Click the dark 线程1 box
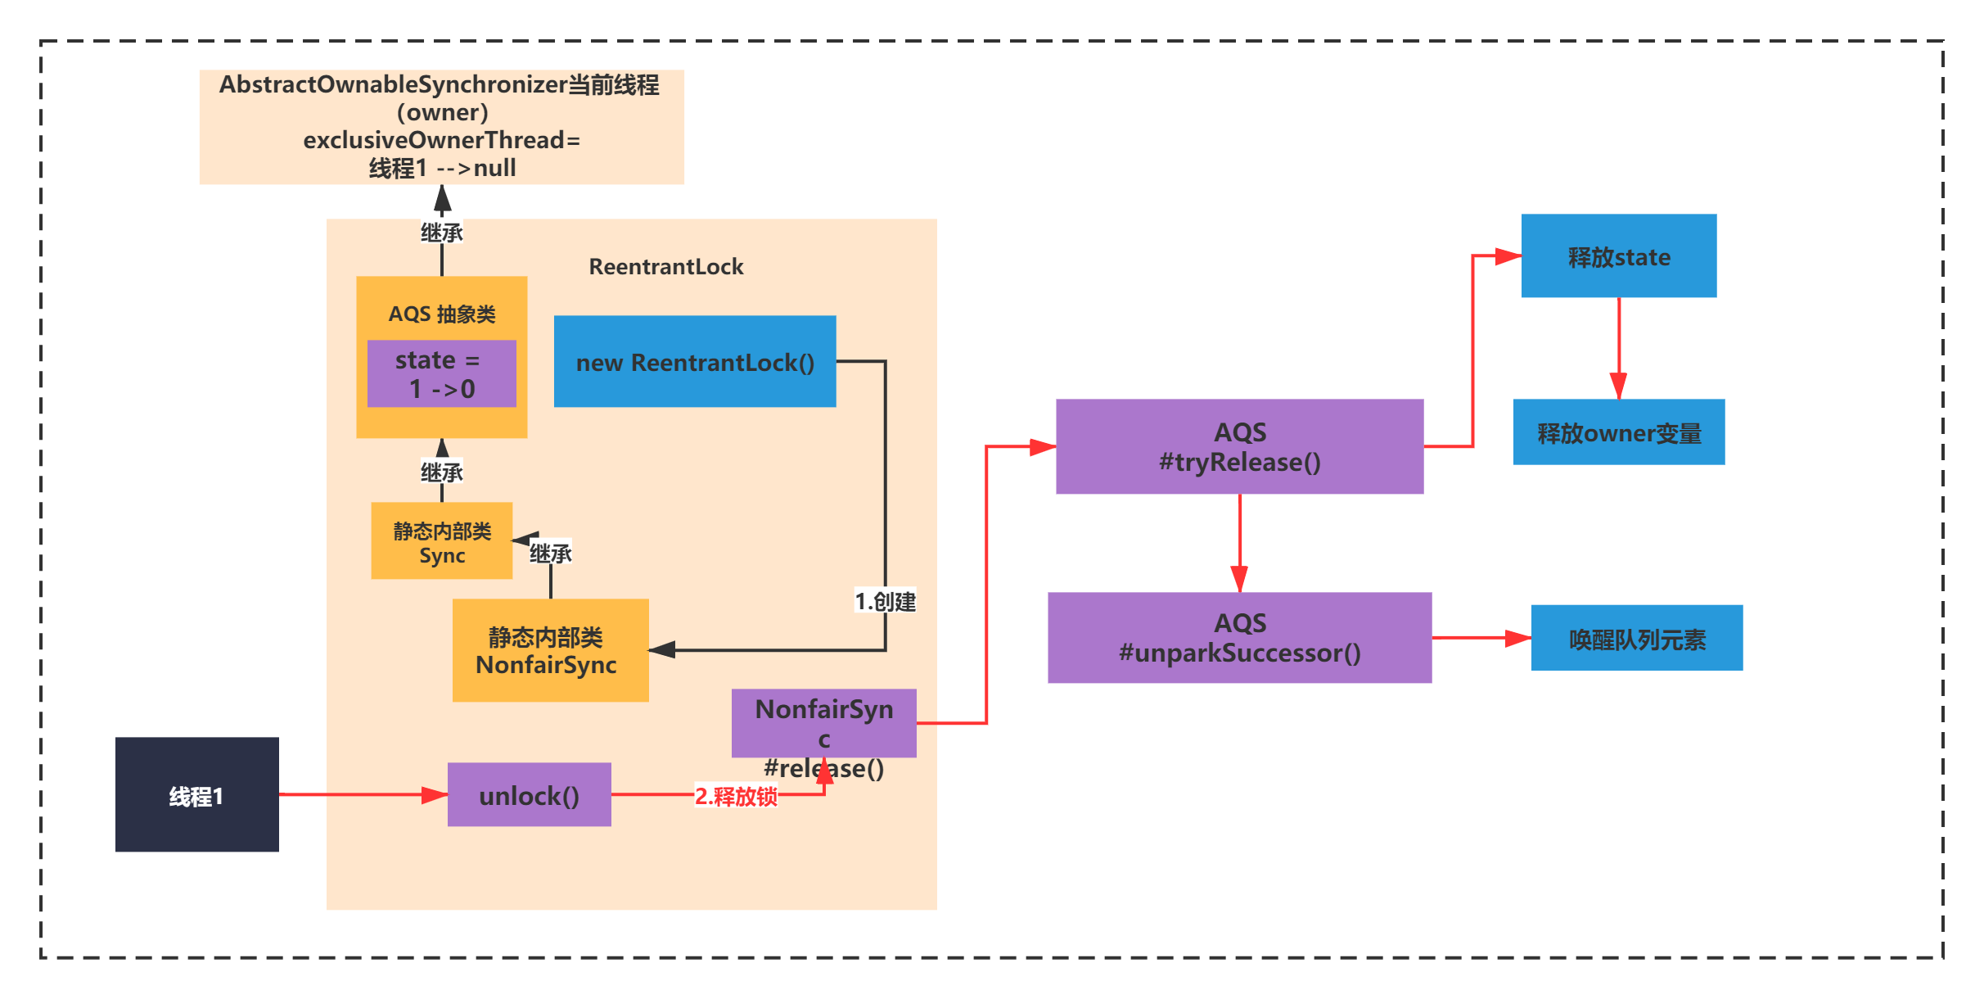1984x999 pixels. (196, 794)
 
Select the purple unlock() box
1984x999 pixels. (530, 794)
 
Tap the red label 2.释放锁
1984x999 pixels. (736, 796)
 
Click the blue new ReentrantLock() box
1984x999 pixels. (695, 361)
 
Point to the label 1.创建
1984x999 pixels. (885, 602)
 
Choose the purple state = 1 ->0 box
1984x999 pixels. (442, 373)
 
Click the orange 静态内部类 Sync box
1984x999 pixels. (442, 540)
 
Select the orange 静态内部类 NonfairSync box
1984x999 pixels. (551, 650)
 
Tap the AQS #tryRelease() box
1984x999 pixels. (1240, 446)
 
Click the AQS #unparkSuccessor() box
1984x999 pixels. (1240, 637)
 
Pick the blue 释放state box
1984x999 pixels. (1619, 255)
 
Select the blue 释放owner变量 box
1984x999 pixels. (1619, 432)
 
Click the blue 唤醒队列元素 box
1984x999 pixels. (1637, 638)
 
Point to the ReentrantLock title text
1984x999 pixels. (666, 267)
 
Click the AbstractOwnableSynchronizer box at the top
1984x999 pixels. (442, 127)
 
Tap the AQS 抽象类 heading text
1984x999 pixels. (442, 314)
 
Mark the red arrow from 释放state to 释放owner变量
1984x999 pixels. (1619, 348)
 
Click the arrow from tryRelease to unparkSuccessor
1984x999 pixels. (1240, 543)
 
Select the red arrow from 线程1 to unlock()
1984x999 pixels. (363, 794)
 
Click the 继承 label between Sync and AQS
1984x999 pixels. (442, 472)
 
